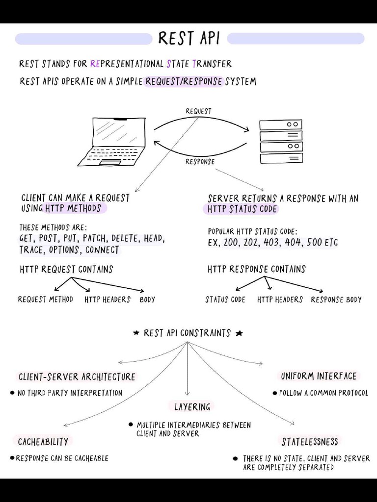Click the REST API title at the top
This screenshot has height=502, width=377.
189,38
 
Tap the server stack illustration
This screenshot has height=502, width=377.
281,142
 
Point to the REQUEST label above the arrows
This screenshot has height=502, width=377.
198,111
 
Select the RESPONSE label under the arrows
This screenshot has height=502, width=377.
200,162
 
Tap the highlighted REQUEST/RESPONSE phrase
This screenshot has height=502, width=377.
184,81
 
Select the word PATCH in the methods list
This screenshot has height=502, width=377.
95,239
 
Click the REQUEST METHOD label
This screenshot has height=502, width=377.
46,299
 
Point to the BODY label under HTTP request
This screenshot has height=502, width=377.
147,300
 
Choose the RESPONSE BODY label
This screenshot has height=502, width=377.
336,300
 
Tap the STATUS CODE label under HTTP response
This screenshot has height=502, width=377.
225,300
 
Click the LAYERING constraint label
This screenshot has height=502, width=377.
192,407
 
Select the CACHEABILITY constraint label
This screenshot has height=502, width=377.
43,442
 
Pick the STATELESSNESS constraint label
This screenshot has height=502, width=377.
310,442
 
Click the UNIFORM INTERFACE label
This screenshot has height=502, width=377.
319,376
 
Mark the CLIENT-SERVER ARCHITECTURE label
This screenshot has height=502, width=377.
77,377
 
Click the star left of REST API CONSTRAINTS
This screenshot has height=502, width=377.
136,333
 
